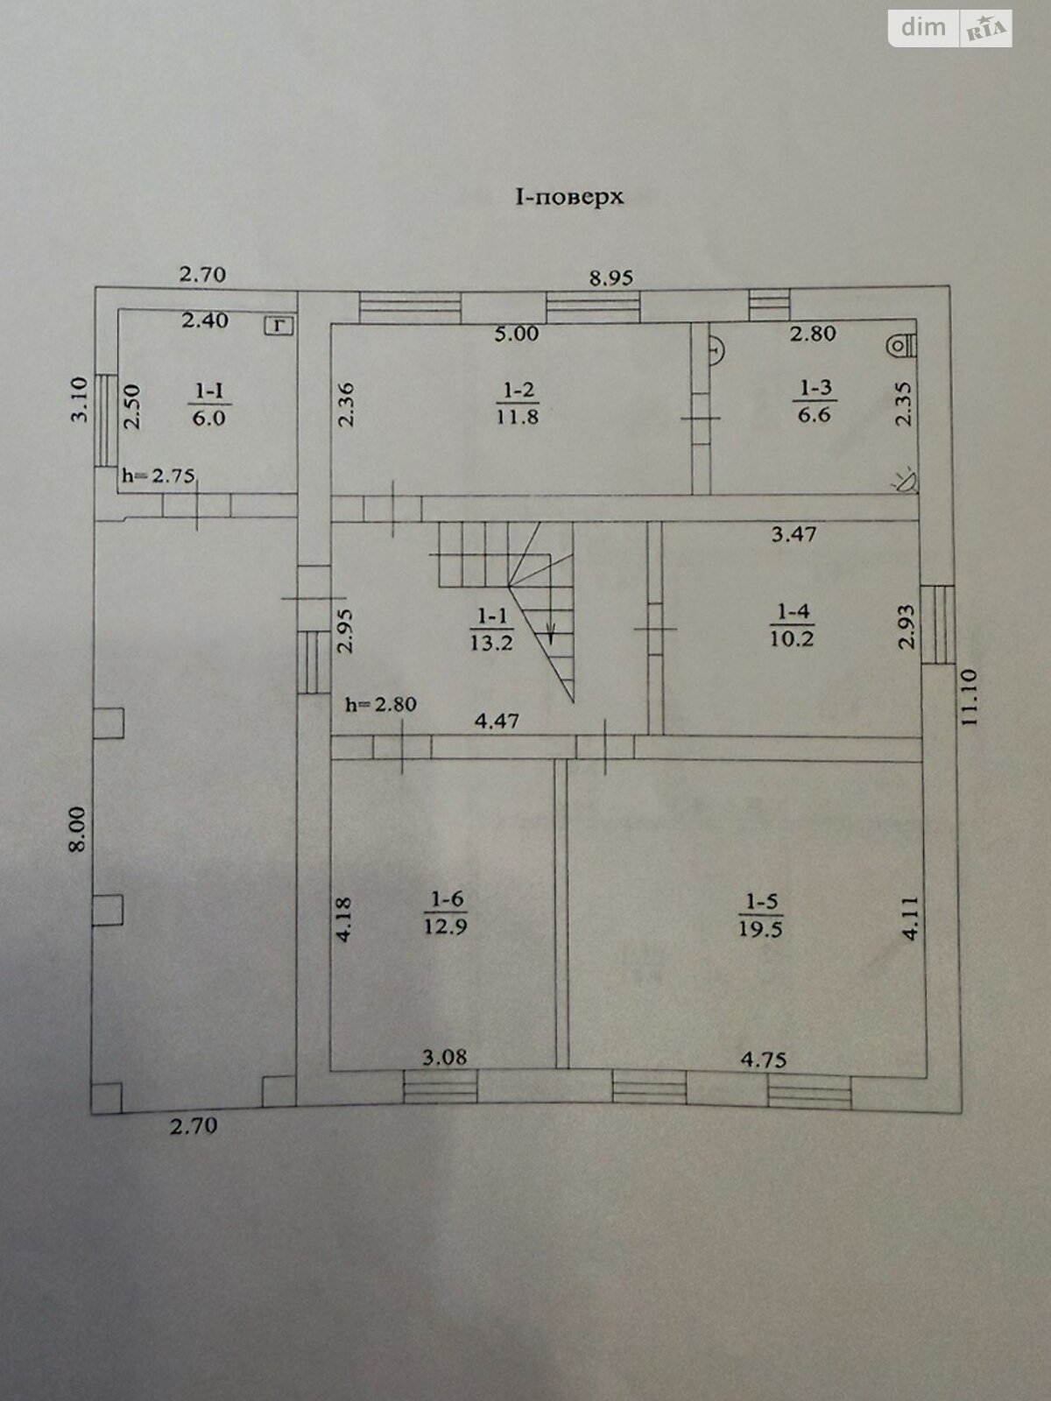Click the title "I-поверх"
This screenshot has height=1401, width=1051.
pos(569,197)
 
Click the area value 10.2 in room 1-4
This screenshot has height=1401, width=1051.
pos(792,639)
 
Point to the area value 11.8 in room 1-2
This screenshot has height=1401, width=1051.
pos(518,417)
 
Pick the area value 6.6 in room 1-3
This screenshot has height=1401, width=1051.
pos(815,415)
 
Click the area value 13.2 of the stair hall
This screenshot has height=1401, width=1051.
pos(491,643)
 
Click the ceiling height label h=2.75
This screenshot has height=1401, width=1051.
pos(159,475)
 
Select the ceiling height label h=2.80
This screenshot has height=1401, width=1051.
pos(381,704)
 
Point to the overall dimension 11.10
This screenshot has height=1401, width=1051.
pos(969,698)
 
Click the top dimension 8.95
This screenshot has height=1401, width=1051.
pos(610,278)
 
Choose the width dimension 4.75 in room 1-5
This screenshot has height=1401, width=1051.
pos(763,1060)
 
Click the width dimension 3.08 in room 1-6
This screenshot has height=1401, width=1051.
pos(445,1058)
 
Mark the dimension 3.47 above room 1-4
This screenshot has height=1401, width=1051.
pos(794,533)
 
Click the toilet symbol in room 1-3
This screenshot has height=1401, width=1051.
pos(902,345)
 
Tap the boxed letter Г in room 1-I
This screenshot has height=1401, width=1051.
pos(279,326)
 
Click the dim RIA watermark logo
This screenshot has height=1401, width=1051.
pos(949,28)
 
